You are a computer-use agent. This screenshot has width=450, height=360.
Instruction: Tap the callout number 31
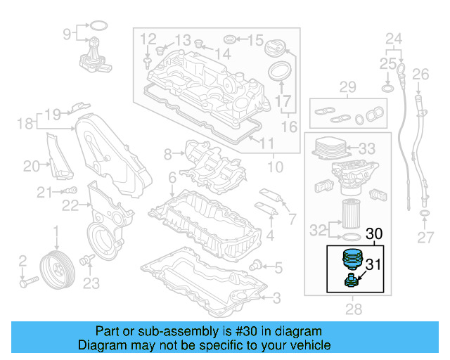coord(374,265)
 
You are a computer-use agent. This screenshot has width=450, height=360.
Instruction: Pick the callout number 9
coord(67,33)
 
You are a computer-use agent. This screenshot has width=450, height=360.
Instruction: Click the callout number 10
coord(275,167)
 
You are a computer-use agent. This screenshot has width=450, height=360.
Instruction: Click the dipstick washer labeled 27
coord(425,214)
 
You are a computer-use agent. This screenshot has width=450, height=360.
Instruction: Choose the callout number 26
coord(420,74)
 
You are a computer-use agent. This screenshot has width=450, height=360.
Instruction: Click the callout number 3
coord(276,298)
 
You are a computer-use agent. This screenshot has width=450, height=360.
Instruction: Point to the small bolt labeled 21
coord(72,191)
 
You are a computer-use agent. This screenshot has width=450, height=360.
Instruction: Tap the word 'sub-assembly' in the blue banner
coord(174,330)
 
